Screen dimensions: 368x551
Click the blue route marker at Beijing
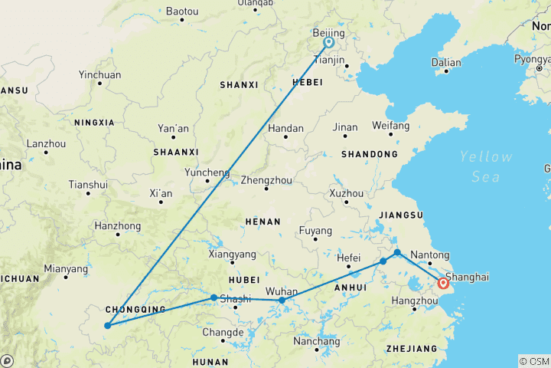[328, 44]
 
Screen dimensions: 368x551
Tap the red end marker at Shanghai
[443, 284]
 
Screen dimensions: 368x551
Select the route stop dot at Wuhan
[282, 300]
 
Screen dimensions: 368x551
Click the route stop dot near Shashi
[214, 297]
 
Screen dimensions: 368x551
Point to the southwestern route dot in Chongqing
[107, 326]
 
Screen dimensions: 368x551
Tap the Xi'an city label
[161, 194]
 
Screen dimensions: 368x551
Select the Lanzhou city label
[46, 143]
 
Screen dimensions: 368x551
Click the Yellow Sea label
[486, 166]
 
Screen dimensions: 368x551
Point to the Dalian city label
[446, 63]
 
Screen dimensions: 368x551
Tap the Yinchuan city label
[99, 75]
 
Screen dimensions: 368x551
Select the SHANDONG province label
[370, 154]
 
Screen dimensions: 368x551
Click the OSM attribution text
[534, 361]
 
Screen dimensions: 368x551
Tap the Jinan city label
[345, 127]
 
